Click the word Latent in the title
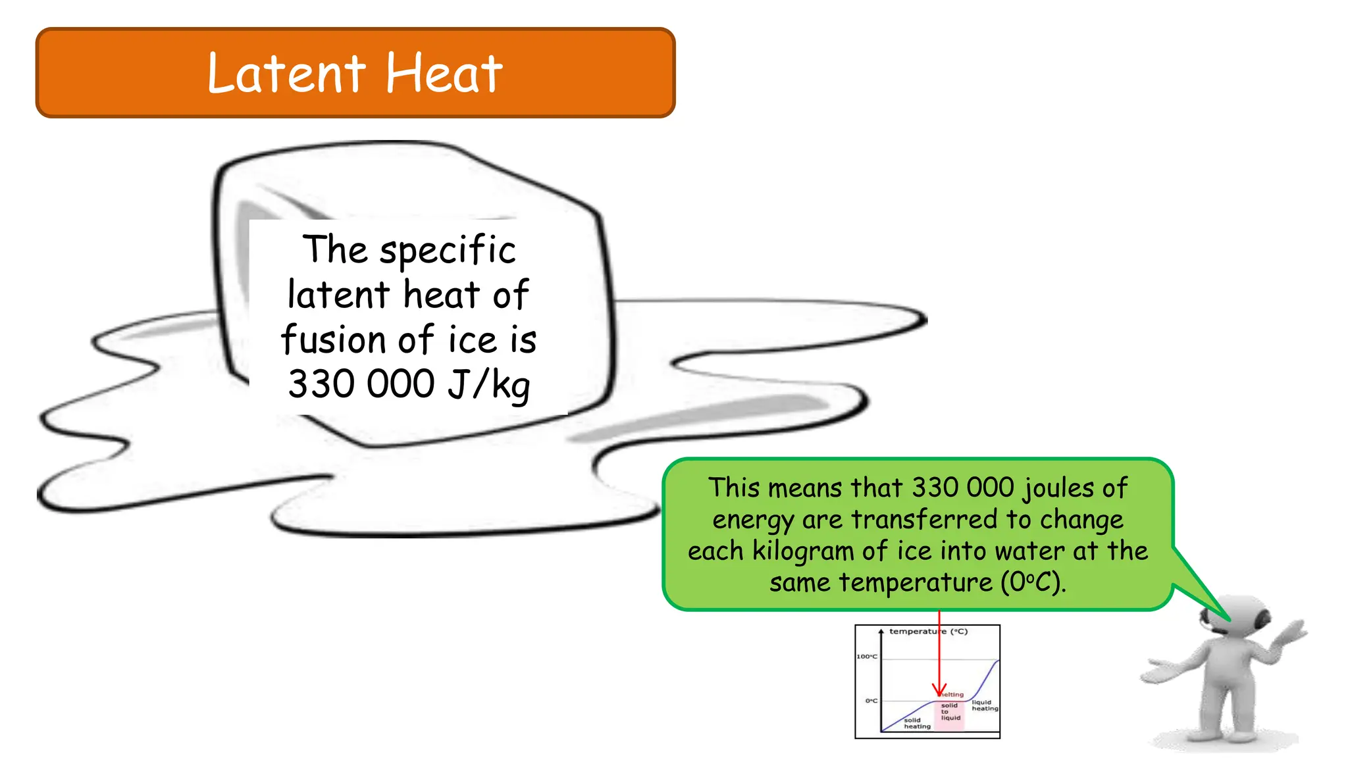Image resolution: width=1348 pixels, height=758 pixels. [286, 74]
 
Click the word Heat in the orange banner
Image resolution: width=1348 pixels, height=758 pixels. [444, 74]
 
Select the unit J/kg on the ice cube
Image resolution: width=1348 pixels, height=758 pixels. [488, 384]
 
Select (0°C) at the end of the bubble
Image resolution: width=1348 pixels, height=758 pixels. [1033, 583]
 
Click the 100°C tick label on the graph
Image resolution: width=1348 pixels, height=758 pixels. [867, 656]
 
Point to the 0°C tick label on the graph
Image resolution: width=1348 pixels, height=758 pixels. [871, 701]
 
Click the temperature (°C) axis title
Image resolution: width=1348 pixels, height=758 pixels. [928, 632]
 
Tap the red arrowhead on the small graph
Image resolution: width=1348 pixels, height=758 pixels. [939, 690]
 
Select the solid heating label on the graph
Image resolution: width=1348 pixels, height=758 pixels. [917, 723]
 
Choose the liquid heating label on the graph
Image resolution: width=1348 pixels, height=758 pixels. [985, 705]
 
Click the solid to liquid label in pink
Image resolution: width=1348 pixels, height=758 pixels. [950, 711]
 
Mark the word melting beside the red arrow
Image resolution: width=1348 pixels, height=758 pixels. [952, 694]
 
